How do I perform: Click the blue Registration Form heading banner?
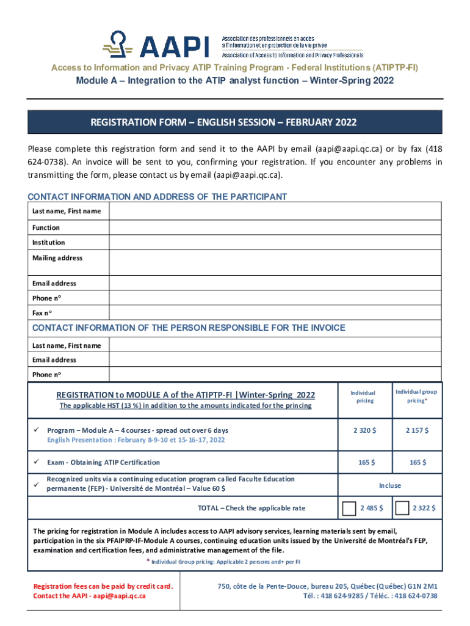click(x=235, y=122)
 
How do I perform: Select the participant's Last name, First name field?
click(x=275, y=211)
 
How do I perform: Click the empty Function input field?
click(x=275, y=227)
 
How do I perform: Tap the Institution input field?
click(x=275, y=243)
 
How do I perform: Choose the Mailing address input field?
click(x=275, y=263)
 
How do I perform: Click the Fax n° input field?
click(x=275, y=312)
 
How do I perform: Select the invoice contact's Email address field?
click(x=275, y=360)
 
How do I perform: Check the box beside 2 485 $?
click(x=350, y=509)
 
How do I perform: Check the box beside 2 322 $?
click(x=403, y=509)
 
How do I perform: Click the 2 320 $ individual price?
click(x=364, y=430)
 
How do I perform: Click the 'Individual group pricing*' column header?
click(x=416, y=396)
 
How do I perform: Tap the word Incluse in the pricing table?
click(x=390, y=485)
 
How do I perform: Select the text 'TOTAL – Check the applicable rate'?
click(x=251, y=508)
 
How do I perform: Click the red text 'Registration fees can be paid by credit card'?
click(x=103, y=586)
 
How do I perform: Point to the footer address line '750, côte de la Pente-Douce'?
click(x=327, y=586)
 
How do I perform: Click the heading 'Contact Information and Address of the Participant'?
click(x=157, y=197)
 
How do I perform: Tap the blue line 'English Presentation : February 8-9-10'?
click(x=136, y=440)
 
